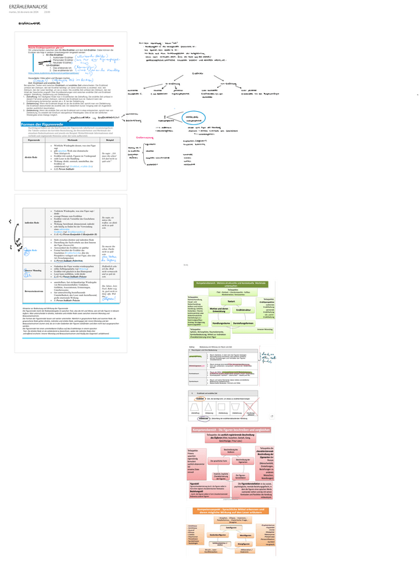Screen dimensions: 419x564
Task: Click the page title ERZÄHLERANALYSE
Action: point(32,5)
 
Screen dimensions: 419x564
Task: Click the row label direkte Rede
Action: point(31,157)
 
